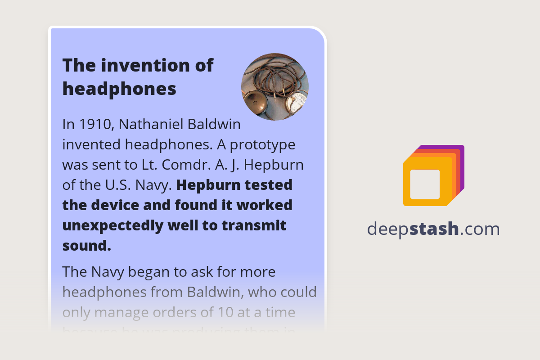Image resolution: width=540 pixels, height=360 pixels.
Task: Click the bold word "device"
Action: pyautogui.click(x=118, y=205)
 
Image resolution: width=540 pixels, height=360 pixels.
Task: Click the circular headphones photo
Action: pyautogui.click(x=275, y=87)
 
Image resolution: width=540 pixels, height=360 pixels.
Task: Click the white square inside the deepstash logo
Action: pyautogui.click(x=424, y=184)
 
